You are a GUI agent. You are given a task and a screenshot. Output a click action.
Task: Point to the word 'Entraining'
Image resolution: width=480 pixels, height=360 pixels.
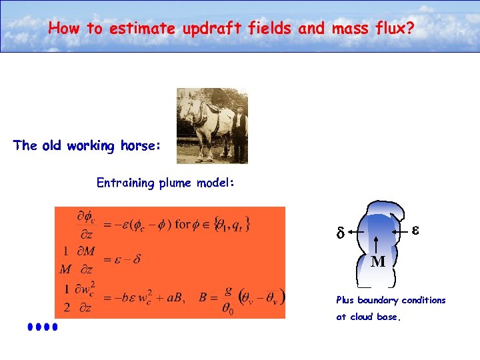coord(125,183)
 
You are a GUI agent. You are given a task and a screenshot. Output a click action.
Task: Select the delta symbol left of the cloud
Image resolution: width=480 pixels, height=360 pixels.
coord(339,234)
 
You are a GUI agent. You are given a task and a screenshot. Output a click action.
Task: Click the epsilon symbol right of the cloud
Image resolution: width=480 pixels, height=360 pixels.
coord(415,229)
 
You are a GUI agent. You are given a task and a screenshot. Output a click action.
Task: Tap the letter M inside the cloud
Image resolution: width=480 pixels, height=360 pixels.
coord(377,262)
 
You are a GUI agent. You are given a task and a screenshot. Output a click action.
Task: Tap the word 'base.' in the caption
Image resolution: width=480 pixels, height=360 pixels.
coord(388,317)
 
